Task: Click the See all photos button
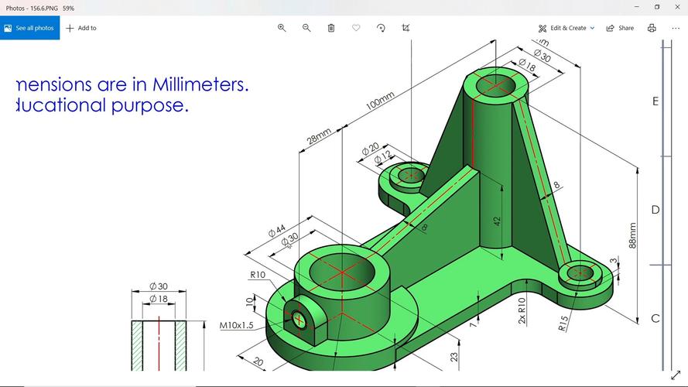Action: pyautogui.click(x=29, y=28)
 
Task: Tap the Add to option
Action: pyautogui.click(x=81, y=28)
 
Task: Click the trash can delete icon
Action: pyautogui.click(x=331, y=28)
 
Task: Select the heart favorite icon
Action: pyautogui.click(x=356, y=28)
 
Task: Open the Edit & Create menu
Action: pyautogui.click(x=567, y=28)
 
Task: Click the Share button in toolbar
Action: pyautogui.click(x=620, y=28)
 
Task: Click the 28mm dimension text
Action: pyautogui.click(x=319, y=136)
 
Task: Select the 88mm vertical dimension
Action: pyautogui.click(x=633, y=235)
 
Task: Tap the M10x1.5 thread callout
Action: pyautogui.click(x=236, y=325)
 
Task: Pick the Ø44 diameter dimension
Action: pyautogui.click(x=276, y=231)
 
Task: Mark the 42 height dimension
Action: pyautogui.click(x=498, y=220)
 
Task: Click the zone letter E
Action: pyautogui.click(x=655, y=101)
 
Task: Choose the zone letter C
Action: pyautogui.click(x=655, y=318)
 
